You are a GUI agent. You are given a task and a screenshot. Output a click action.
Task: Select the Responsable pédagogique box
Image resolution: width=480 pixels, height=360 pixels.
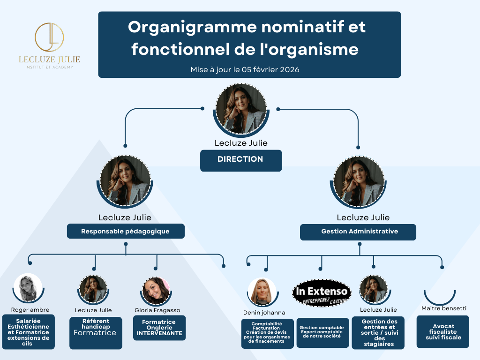(125, 231)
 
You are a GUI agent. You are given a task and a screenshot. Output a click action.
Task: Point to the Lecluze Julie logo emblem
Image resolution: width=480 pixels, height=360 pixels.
(49, 38)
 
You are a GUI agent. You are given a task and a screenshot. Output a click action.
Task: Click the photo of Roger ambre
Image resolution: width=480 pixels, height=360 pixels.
(28, 287)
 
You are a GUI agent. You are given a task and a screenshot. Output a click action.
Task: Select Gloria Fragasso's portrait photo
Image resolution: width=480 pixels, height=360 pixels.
(156, 291)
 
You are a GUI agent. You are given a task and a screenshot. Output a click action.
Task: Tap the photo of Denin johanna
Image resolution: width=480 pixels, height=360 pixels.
(262, 292)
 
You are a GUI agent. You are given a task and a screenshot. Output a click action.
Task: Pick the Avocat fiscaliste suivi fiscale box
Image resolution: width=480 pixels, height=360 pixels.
(442, 331)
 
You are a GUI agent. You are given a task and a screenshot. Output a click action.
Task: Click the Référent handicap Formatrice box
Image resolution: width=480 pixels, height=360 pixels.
(96, 333)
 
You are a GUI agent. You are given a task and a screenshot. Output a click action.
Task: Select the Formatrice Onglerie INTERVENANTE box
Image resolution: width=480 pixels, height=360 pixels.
(158, 328)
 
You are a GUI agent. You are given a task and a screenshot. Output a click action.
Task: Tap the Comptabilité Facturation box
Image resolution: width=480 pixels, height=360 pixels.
(267, 333)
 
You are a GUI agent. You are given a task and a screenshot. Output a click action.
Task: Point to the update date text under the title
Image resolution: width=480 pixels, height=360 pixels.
(245, 69)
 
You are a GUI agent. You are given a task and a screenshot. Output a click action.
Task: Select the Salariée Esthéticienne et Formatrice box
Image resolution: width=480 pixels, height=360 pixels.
(28, 331)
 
